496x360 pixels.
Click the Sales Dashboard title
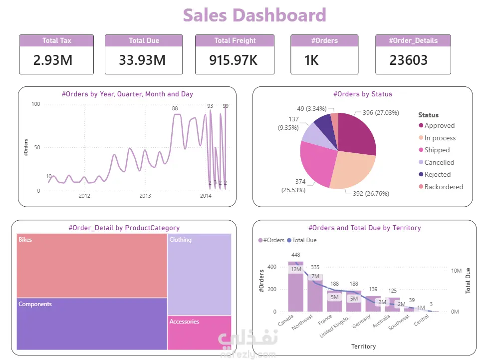coord(254,15)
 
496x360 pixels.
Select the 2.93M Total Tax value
coord(53,60)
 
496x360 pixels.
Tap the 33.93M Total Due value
coord(142,60)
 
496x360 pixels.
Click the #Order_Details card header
coord(413,40)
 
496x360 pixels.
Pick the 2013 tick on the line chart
coord(145,196)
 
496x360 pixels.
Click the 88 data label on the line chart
coord(175,108)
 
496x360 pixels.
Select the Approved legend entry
coord(439,126)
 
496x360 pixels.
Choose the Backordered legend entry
coord(443,187)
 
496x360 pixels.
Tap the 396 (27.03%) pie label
coord(381,113)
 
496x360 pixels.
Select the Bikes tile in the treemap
coord(92,265)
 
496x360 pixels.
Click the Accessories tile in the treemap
coord(199,333)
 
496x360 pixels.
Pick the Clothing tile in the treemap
coord(199,274)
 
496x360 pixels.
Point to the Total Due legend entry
coord(304,240)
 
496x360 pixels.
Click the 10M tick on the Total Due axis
coord(456,271)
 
